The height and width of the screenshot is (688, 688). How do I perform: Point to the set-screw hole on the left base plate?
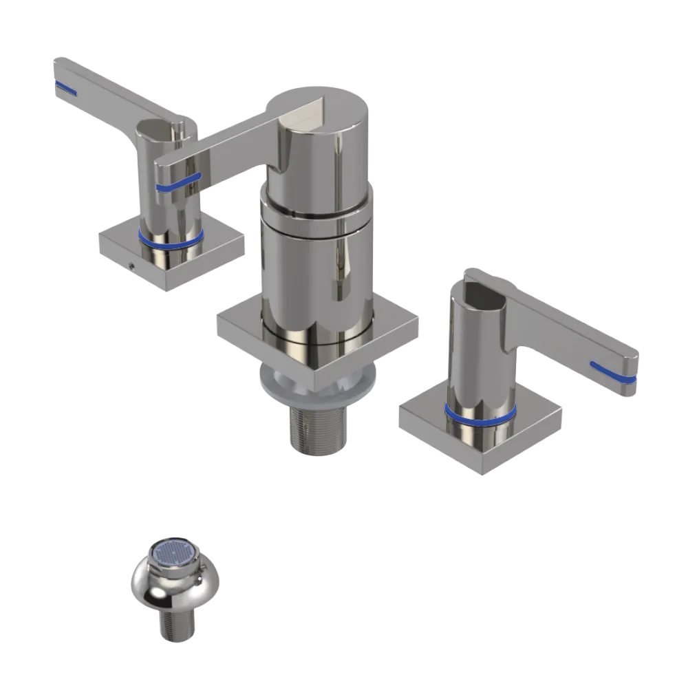tap(131, 265)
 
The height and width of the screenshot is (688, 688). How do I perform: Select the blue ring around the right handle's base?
tap(480, 415)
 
